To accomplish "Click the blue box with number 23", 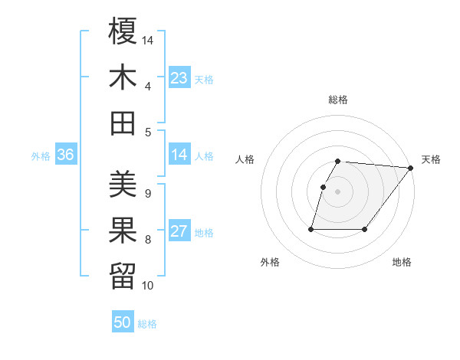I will click(x=179, y=78).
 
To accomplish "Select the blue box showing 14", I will click(x=179, y=155).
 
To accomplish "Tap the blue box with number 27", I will click(x=179, y=232).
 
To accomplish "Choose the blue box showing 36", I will click(x=66, y=155).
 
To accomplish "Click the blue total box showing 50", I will click(x=123, y=322).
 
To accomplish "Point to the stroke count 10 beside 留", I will click(x=147, y=286).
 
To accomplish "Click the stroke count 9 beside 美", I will click(x=147, y=194).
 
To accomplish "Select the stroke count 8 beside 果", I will click(x=147, y=240).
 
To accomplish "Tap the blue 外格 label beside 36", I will click(x=41, y=156).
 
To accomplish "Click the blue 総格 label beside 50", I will click(x=147, y=324).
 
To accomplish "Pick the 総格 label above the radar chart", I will click(x=337, y=100).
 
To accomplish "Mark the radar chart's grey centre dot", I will click(x=337, y=192).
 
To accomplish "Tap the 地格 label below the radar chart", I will click(x=402, y=262).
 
